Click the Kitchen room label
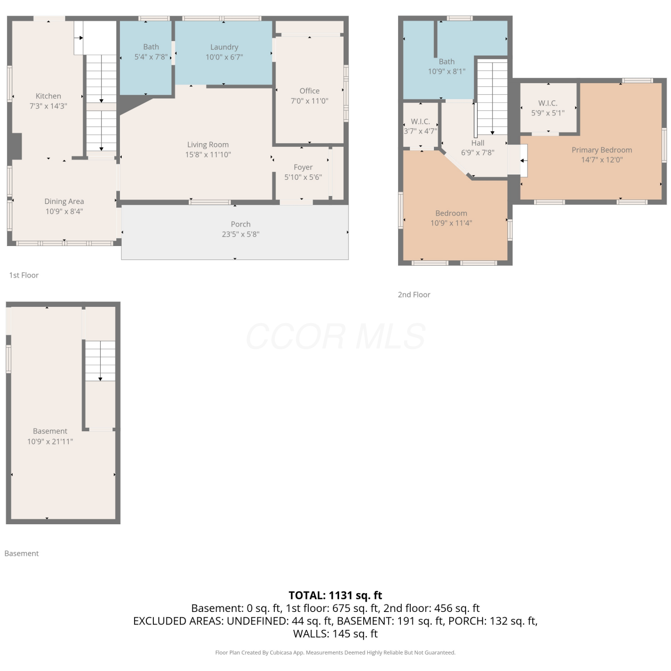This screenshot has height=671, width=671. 48,96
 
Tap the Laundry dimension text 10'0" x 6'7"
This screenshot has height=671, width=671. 224,57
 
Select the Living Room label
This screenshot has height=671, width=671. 208,145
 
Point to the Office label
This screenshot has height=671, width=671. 310,91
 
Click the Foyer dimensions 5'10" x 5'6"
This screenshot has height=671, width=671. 303,177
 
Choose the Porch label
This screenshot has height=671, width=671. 241,224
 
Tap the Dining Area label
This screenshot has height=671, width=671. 64,202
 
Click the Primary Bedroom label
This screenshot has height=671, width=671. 602,150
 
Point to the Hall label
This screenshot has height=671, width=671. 478,143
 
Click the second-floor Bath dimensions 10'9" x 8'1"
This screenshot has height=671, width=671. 447,72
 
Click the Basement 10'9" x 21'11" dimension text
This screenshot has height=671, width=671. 50,442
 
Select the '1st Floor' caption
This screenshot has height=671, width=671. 24,275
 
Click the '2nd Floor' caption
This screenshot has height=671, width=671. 414,295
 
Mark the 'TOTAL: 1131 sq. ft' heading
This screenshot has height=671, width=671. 335,595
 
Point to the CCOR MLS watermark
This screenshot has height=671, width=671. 335,336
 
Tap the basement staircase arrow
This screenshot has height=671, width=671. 100,361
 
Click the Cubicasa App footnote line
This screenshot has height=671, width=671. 335,653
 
